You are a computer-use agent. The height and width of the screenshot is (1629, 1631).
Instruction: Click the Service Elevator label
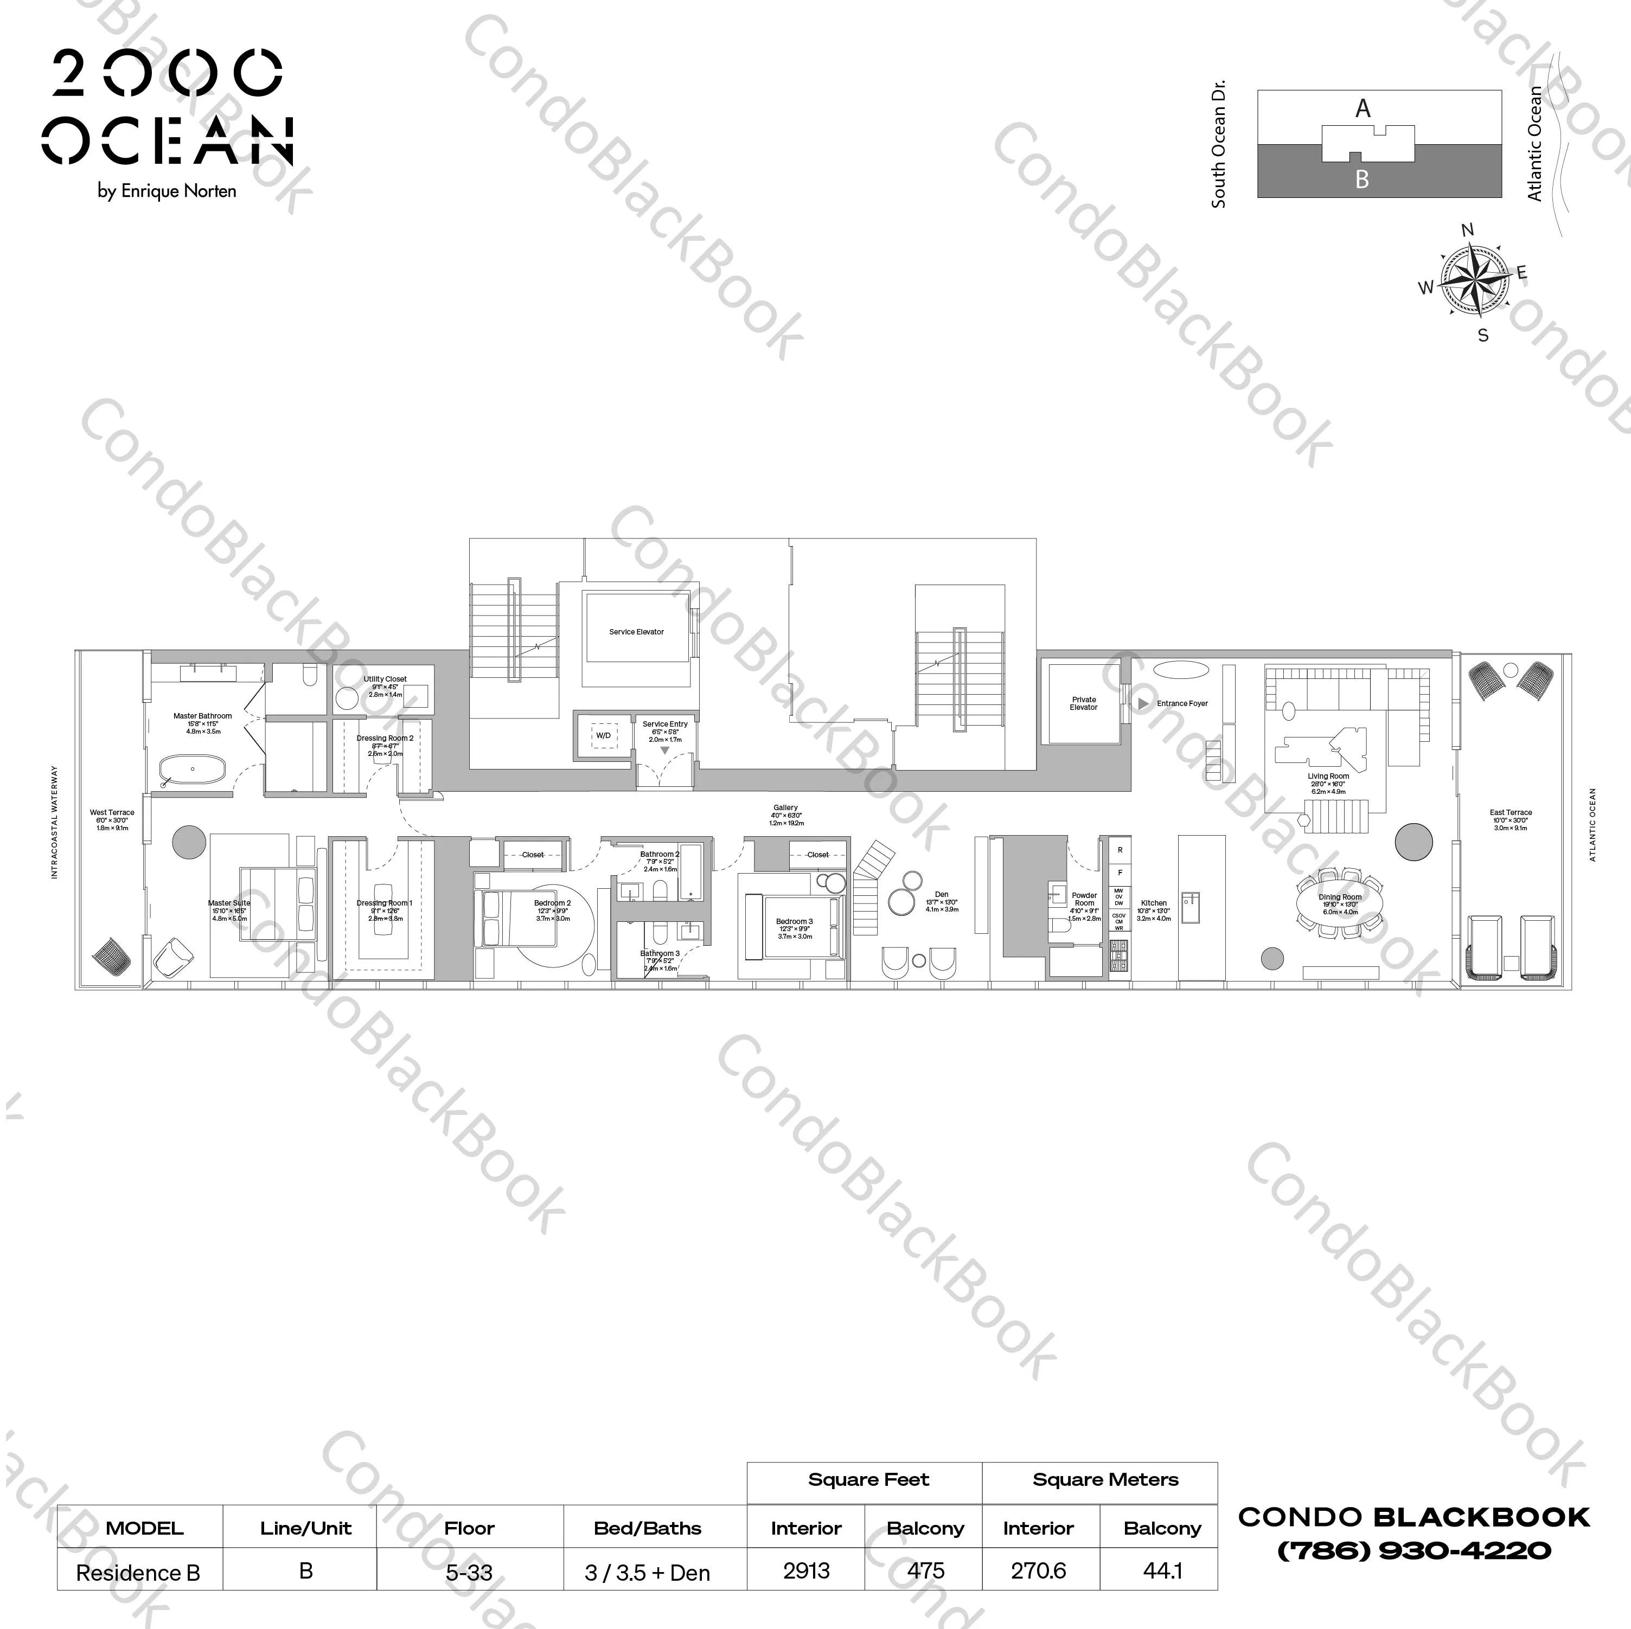637,631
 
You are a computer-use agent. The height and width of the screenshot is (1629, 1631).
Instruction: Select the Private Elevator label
1084,703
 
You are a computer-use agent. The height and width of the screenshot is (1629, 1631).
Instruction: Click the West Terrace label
112,813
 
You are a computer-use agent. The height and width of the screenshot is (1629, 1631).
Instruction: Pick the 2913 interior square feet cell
806,1571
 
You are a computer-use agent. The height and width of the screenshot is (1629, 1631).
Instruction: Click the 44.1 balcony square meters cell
1162,1571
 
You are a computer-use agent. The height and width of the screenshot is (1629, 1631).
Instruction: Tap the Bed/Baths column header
648,1528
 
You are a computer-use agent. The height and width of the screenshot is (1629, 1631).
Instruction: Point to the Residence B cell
138,1573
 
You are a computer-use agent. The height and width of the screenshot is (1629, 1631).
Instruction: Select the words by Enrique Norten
167,191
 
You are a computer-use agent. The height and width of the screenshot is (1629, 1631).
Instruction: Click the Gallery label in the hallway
785,808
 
